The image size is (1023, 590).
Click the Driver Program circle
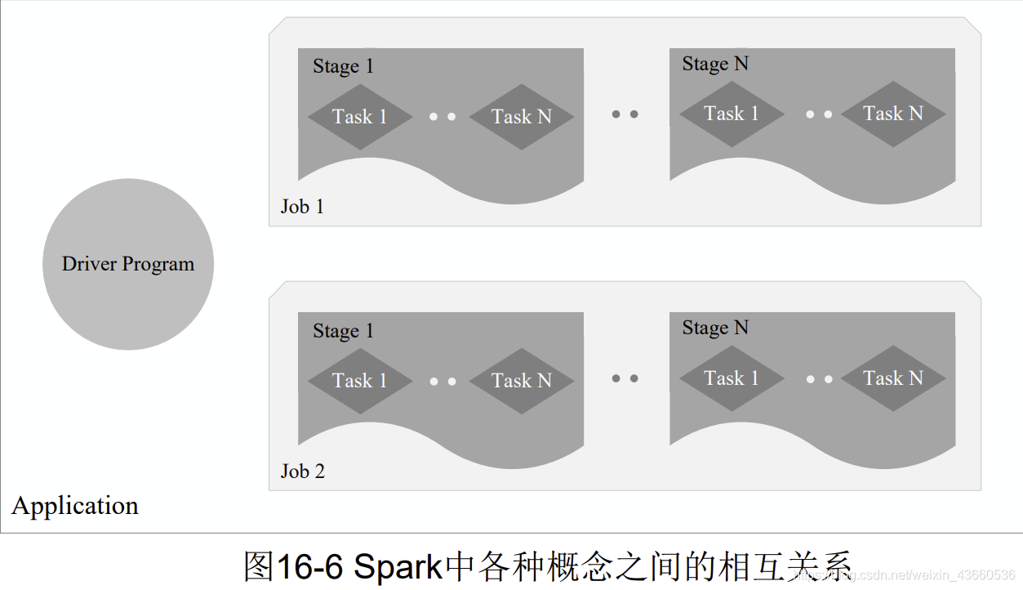pyautogui.click(x=128, y=264)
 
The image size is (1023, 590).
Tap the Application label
pyautogui.click(x=75, y=506)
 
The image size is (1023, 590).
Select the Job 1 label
pyautogui.click(x=302, y=207)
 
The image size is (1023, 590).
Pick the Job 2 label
pyautogui.click(x=302, y=472)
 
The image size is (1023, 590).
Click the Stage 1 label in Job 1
pyautogui.click(x=343, y=66)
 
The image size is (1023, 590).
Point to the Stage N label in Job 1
pyautogui.click(x=715, y=64)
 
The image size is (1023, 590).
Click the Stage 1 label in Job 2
pyautogui.click(x=343, y=331)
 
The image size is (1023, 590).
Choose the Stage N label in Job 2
pyautogui.click(x=715, y=328)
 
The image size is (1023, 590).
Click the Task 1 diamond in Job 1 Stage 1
pyautogui.click(x=359, y=117)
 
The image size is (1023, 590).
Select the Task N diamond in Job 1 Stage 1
pyautogui.click(x=522, y=117)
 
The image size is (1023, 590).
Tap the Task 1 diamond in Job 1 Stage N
pyautogui.click(x=732, y=114)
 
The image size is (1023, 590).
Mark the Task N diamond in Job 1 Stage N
pyautogui.click(x=893, y=114)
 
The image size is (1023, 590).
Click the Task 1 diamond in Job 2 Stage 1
pyautogui.click(x=359, y=381)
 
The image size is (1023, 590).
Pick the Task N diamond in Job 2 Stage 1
pyautogui.click(x=522, y=381)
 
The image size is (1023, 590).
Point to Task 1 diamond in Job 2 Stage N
pyautogui.click(x=732, y=378)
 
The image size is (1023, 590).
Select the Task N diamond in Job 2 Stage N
pyautogui.click(x=893, y=378)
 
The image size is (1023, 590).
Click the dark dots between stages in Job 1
pyautogui.click(x=625, y=114)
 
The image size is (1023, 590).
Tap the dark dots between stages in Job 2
pyautogui.click(x=625, y=378)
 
